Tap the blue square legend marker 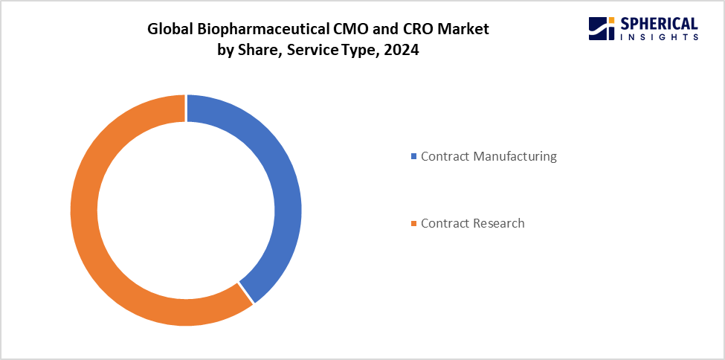[414, 156]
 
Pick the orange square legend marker [414, 223]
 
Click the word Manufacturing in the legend [512, 156]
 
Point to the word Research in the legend [499, 223]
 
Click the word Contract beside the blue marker [445, 156]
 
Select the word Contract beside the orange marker [445, 223]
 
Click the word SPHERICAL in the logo [658, 23]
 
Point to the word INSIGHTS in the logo [658, 36]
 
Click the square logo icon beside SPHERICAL [601, 28]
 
